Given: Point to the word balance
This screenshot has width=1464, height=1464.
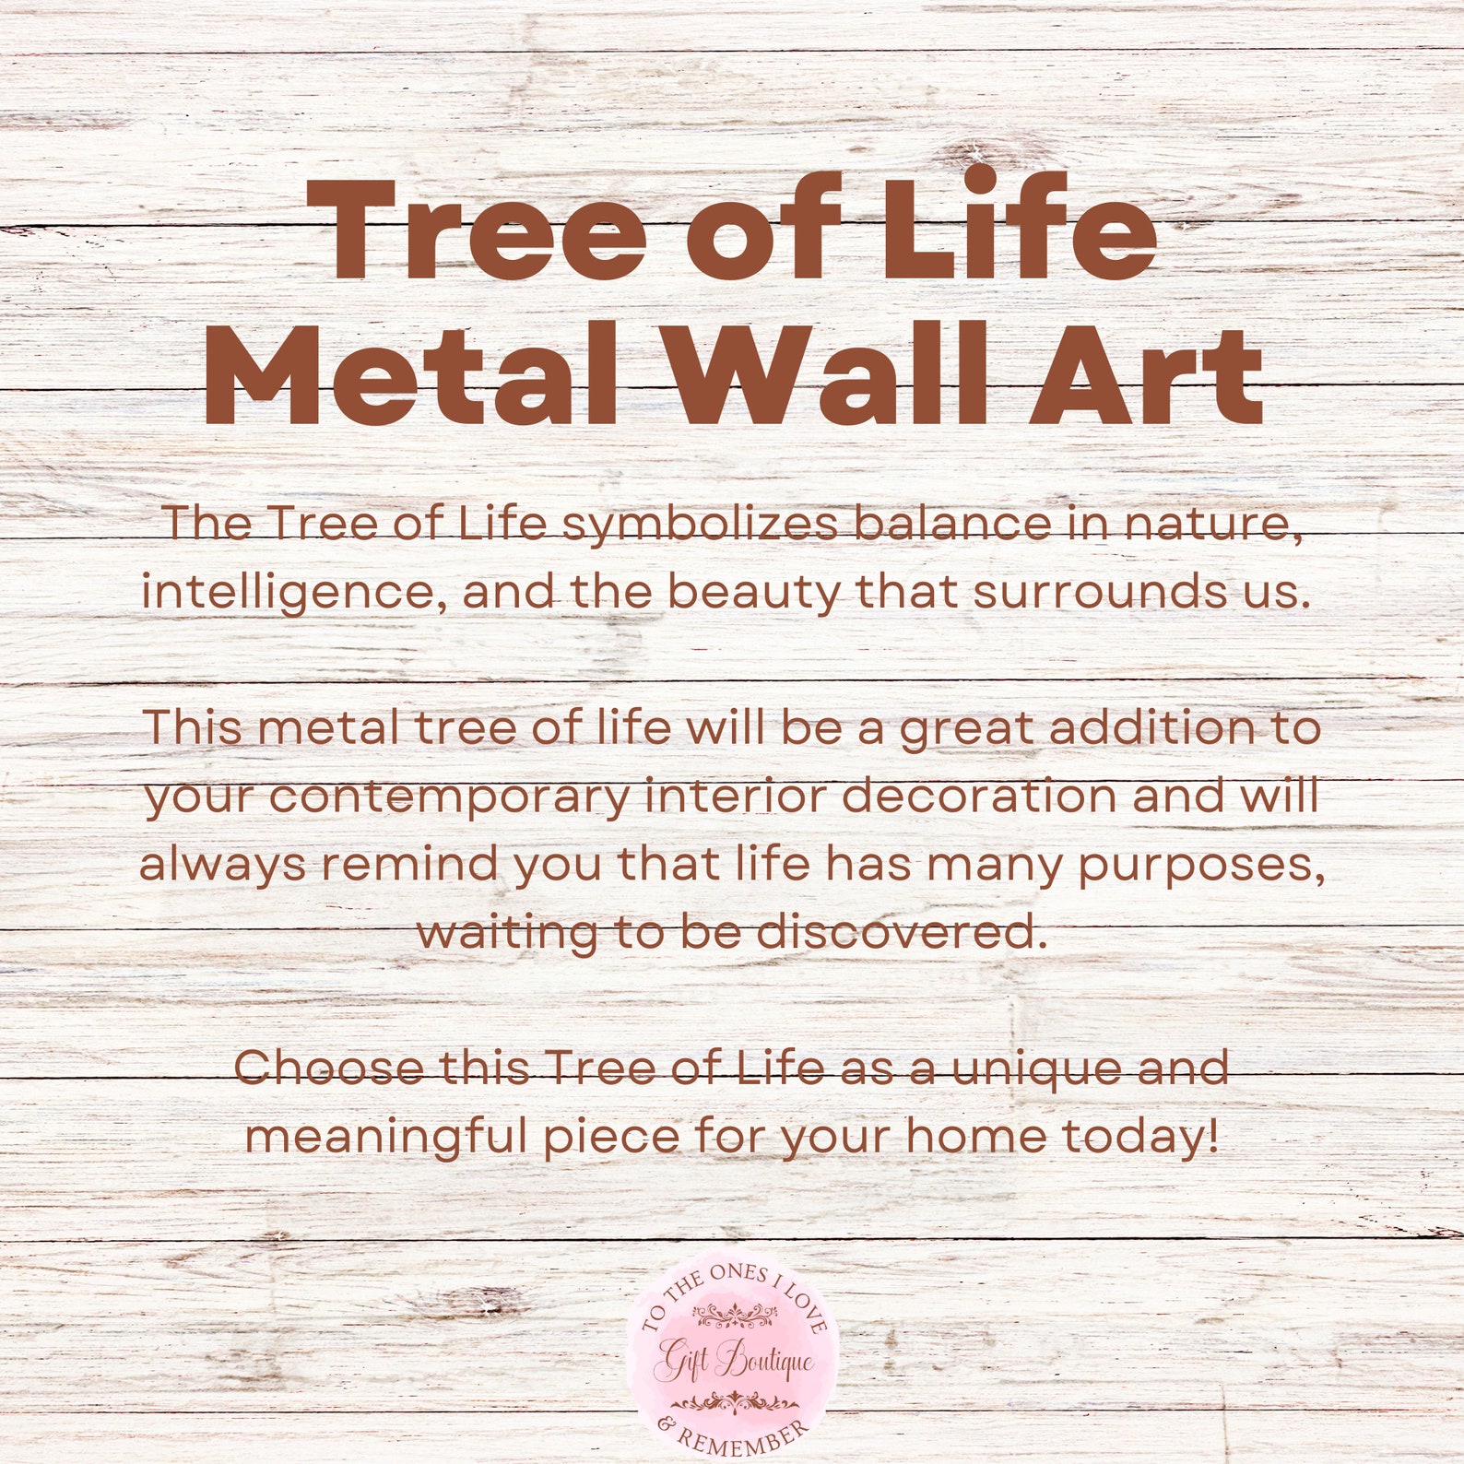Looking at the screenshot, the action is [953, 524].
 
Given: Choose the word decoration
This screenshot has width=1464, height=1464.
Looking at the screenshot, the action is [979, 796].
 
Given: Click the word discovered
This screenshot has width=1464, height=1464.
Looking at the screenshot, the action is [903, 932].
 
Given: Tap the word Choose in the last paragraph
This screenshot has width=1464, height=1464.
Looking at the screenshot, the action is [329, 1068].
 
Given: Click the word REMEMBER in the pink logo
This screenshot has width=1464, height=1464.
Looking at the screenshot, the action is [742, 1435].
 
